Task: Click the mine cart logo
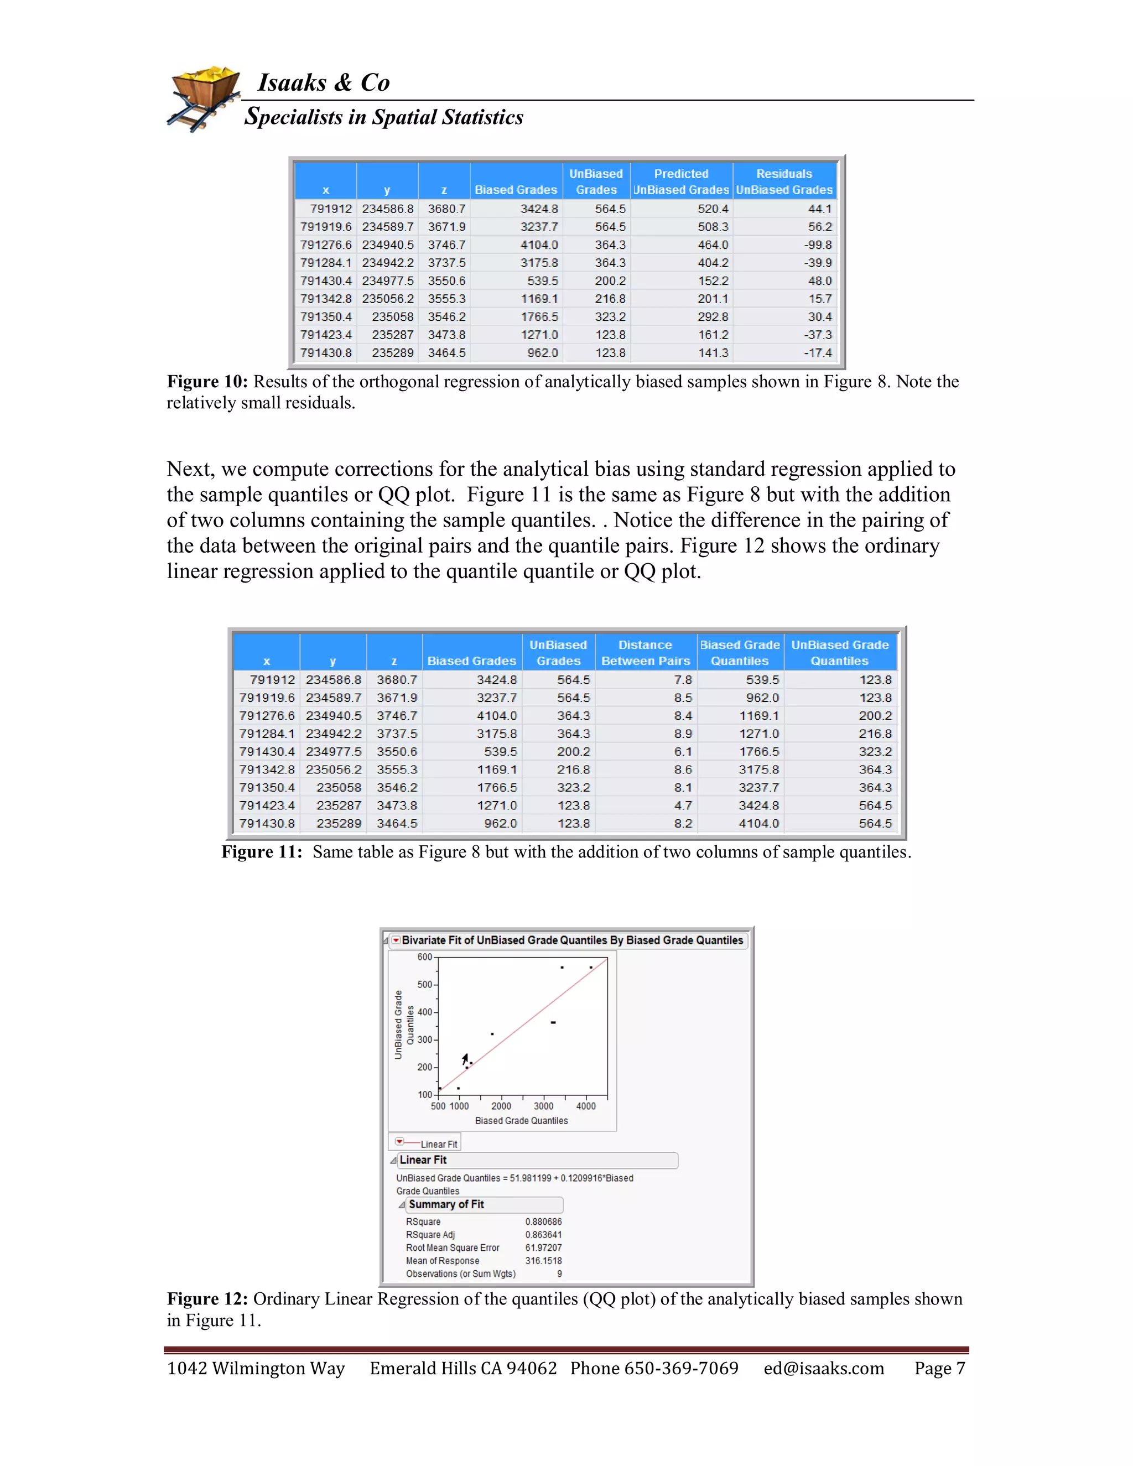(204, 98)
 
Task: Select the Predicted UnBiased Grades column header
(680, 182)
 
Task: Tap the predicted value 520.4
(712, 209)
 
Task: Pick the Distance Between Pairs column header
(645, 652)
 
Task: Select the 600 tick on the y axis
(425, 957)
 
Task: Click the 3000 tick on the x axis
(544, 1106)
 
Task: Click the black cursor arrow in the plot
(465, 1059)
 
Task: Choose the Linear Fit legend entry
(438, 1144)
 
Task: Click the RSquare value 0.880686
(543, 1221)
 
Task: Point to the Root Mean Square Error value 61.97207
(543, 1248)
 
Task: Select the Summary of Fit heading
(446, 1204)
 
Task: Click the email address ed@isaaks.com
(824, 1368)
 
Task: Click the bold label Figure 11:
(262, 852)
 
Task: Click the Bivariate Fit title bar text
(572, 940)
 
